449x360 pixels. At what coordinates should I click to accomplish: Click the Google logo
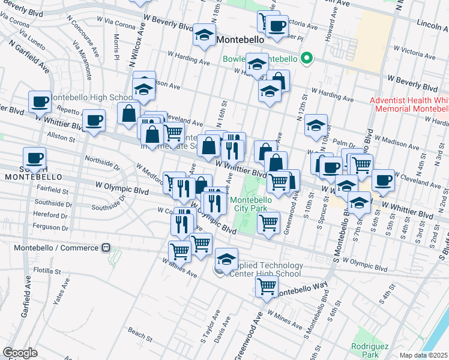[x=20, y=353]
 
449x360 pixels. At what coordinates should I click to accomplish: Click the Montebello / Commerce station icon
[x=106, y=247]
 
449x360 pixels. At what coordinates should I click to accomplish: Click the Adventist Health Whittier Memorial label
[x=409, y=104]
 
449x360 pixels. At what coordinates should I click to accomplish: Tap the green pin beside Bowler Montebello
[x=307, y=59]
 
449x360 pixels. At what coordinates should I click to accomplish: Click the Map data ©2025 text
[x=423, y=355]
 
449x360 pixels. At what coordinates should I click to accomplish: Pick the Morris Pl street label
[x=116, y=42]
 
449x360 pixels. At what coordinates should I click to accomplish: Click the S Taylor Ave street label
[x=208, y=331]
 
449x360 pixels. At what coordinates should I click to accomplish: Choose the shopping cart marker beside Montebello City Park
[x=268, y=223]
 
